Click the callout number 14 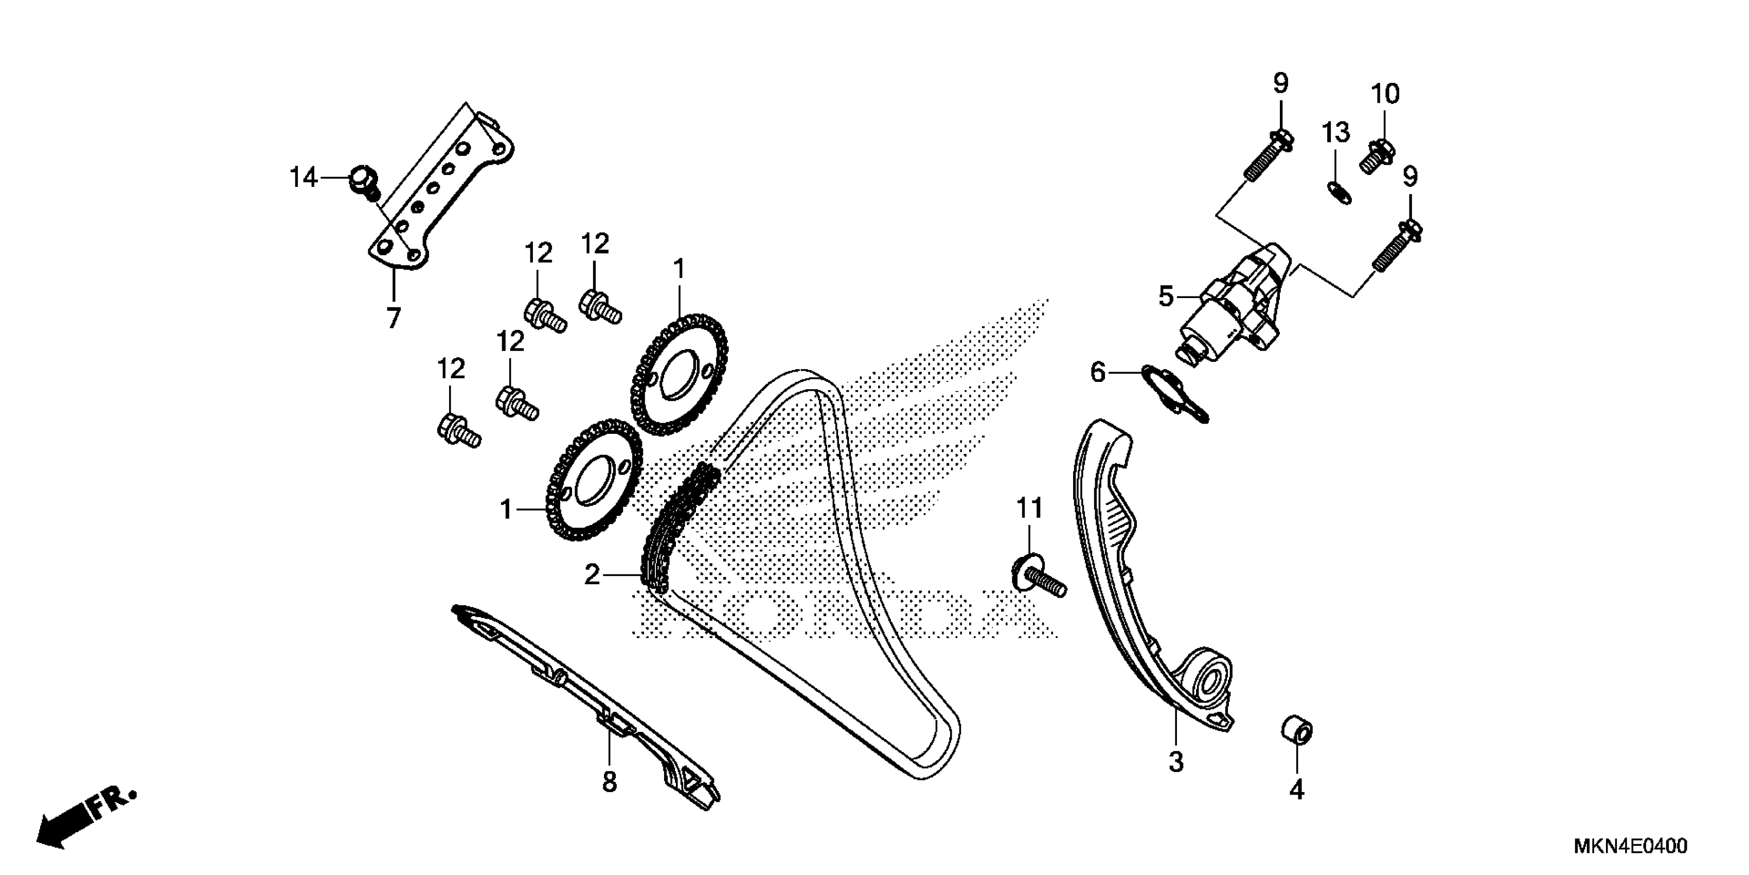[303, 178]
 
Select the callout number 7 [394, 317]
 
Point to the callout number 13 [1335, 132]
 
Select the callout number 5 [1166, 297]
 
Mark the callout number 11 [1029, 508]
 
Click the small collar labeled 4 [1296, 732]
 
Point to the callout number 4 [1297, 790]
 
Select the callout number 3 [1176, 762]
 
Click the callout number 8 [610, 782]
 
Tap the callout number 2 [592, 575]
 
